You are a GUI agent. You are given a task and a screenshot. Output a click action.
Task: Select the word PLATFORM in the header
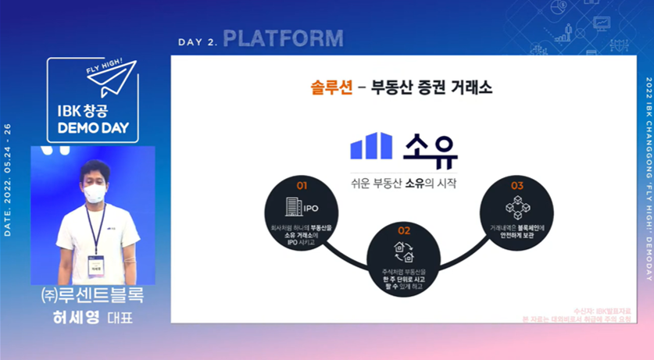click(283, 38)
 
